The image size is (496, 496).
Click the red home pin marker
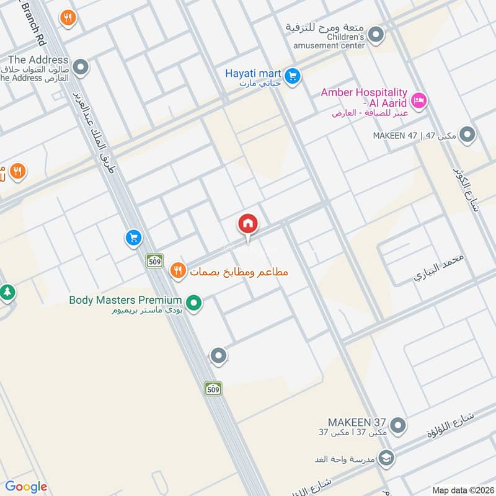[248, 224]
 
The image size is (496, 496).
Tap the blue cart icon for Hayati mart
[294, 76]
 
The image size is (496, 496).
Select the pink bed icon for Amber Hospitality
[420, 99]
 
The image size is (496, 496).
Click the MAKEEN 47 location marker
[468, 135]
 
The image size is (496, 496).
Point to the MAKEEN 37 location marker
[399, 426]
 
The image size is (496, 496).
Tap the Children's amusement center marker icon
[375, 36]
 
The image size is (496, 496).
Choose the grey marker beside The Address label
[81, 66]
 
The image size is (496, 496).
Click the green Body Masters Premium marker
[194, 304]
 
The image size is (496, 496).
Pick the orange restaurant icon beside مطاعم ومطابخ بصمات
[179, 271]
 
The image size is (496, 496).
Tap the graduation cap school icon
[386, 458]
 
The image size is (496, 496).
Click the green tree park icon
[7, 291]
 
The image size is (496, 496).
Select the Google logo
[26, 487]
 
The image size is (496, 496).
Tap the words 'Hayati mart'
[254, 73]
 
